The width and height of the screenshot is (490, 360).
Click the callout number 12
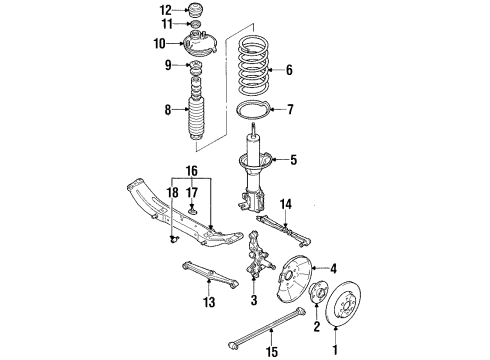[166, 10]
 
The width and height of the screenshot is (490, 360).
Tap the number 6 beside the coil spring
[289, 70]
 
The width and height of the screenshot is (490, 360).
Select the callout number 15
[272, 351]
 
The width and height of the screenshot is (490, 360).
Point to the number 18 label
[173, 193]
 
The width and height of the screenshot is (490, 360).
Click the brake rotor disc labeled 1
[343, 304]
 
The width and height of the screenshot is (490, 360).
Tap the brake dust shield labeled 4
[294, 276]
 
